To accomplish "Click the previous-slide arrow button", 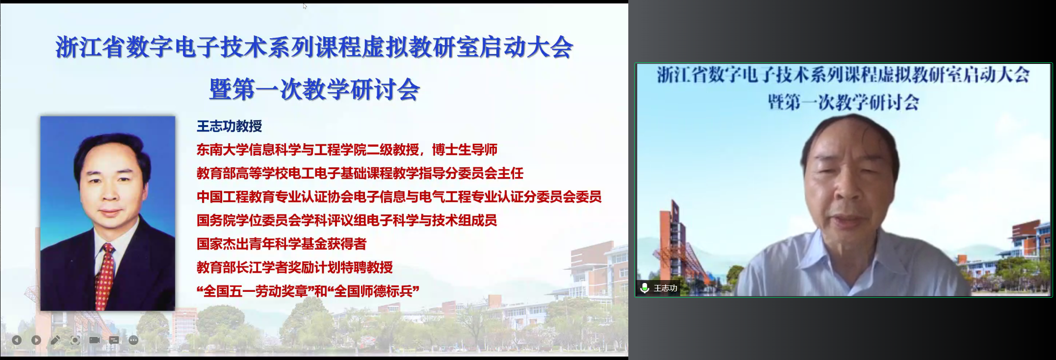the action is [17, 340].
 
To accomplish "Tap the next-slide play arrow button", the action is [36, 340].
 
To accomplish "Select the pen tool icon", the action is [55, 340].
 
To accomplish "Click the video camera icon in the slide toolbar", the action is [95, 340].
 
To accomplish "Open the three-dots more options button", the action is [133, 340].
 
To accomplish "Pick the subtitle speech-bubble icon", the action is [114, 340].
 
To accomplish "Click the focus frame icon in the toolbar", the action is [75, 340].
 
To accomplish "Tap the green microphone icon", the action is [644, 288].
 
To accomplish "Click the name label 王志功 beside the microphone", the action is [665, 288].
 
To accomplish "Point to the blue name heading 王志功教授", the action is [230, 126].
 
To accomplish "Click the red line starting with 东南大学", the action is [347, 150].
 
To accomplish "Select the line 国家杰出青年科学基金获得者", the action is [282, 244].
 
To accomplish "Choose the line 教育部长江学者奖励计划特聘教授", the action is [295, 267].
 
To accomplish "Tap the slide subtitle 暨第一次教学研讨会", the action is [314, 90].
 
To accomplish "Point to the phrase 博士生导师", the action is [465, 150].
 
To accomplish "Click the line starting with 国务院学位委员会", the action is [347, 220].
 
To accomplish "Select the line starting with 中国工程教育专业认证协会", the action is [399, 197].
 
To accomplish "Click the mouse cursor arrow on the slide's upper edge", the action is [305, 6].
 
